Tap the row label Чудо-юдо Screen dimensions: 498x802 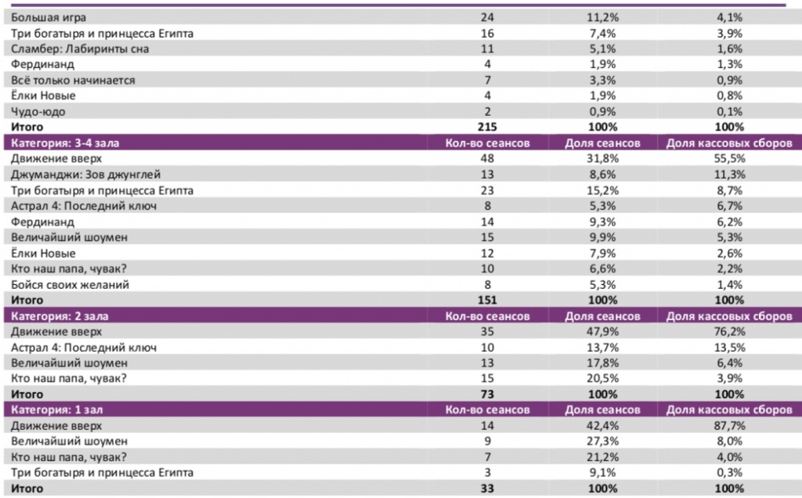[x=37, y=110]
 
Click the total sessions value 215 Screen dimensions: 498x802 [x=487, y=126]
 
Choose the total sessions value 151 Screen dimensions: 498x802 [x=487, y=299]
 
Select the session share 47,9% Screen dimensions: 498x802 [x=602, y=331]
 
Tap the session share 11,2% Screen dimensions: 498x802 [x=602, y=16]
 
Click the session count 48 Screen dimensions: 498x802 [x=487, y=158]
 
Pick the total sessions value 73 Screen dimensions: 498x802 [x=487, y=394]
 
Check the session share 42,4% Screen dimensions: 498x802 [x=602, y=425]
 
